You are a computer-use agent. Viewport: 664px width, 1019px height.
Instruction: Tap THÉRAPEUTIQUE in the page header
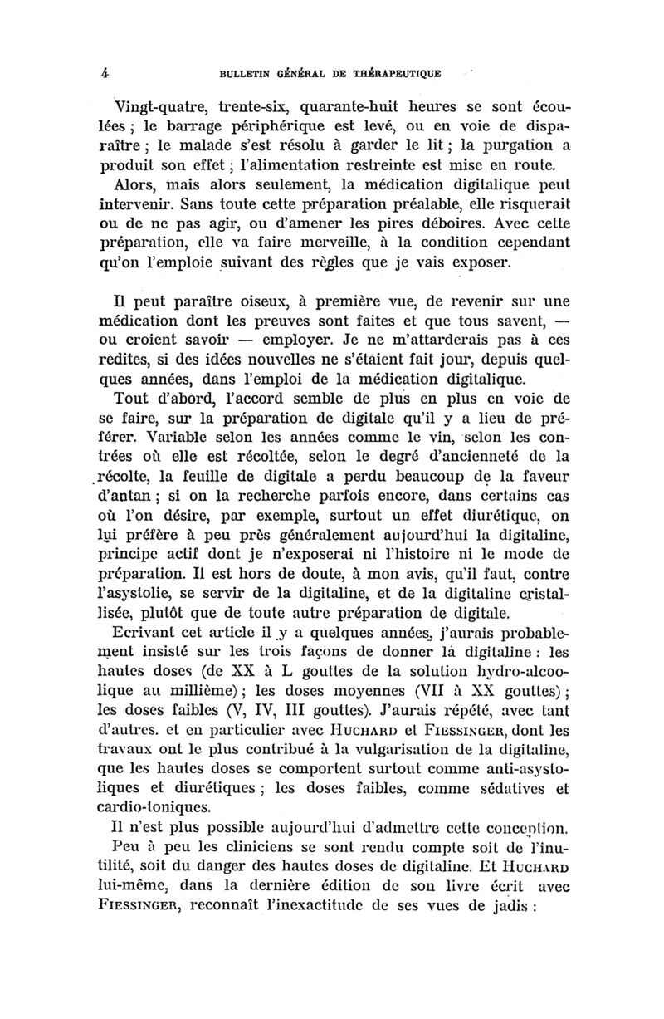click(x=389, y=73)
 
